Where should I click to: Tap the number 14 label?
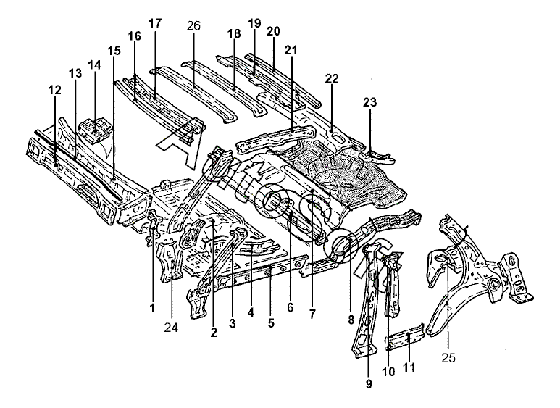tap(94, 65)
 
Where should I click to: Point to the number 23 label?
tap(369, 103)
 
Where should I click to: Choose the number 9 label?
tap(369, 383)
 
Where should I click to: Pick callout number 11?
tap(410, 368)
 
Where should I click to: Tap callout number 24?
tap(171, 326)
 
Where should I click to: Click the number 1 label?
tap(152, 308)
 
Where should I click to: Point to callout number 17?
tap(154, 24)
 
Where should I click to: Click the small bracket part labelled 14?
tap(95, 129)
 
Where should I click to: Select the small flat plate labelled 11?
tap(406, 340)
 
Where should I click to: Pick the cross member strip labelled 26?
tap(196, 87)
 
